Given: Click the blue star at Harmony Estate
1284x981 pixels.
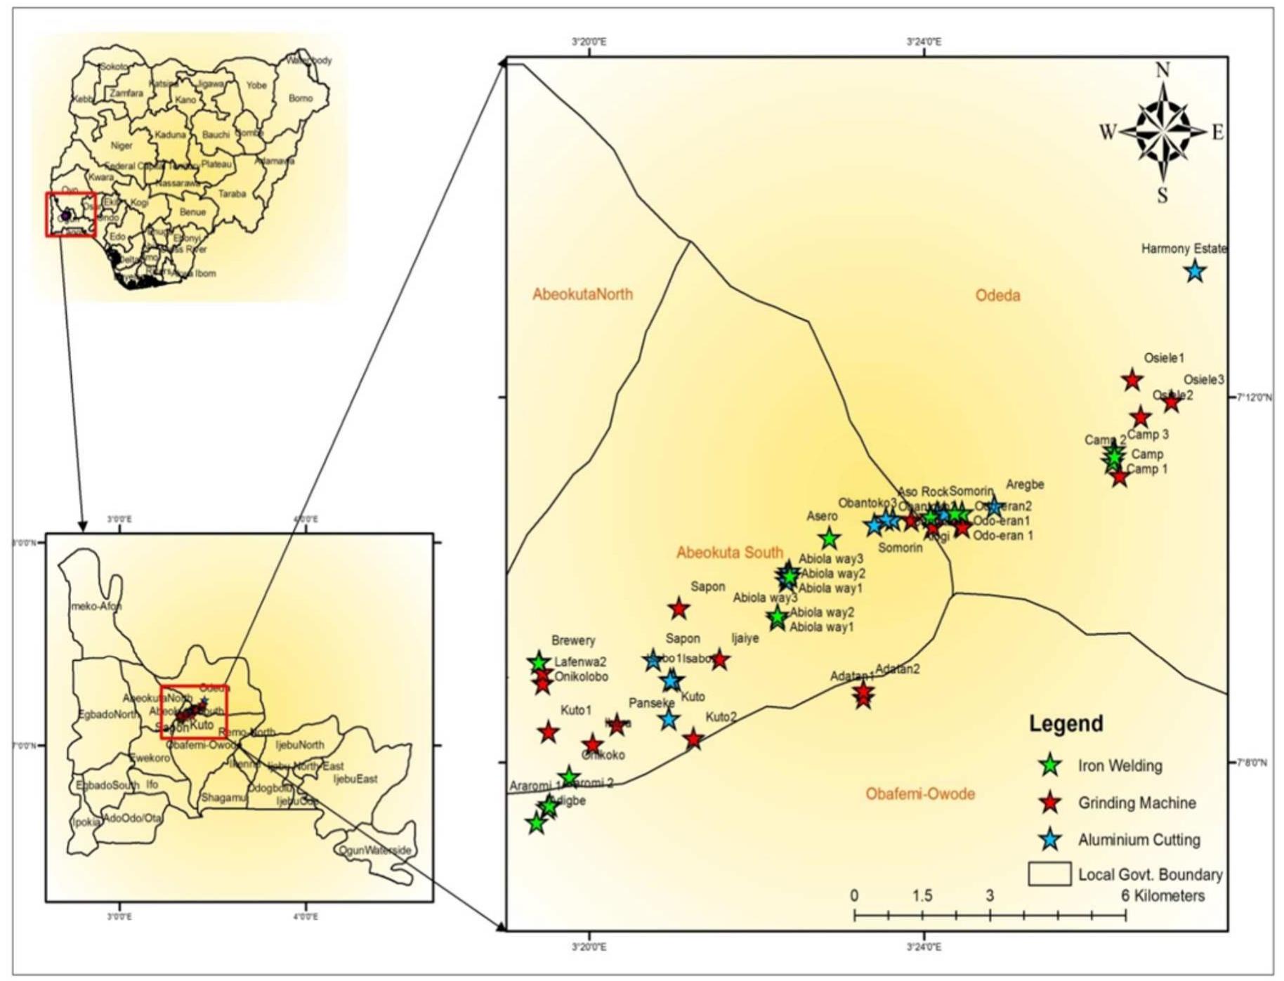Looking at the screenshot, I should [x=1195, y=270].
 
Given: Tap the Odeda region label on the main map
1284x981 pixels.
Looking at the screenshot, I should [x=997, y=295].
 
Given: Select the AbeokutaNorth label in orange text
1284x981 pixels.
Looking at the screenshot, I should [x=582, y=294].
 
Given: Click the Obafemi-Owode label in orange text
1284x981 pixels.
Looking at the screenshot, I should [x=919, y=794].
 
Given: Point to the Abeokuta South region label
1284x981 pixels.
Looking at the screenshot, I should [x=729, y=553].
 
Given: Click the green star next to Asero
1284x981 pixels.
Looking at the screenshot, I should [x=830, y=539].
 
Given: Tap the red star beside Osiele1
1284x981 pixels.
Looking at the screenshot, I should [x=1132, y=380].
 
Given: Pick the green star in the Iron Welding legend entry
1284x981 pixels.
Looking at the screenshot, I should [x=1050, y=765].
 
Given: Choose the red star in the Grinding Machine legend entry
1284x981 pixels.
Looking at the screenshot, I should [x=1050, y=803].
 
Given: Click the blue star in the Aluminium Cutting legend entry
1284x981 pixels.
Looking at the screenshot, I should [x=1050, y=839].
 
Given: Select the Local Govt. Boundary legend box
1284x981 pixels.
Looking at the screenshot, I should [x=1049, y=874].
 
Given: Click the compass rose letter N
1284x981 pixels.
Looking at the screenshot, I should [x=1162, y=70].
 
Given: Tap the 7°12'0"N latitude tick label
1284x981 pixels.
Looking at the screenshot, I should [x=1254, y=397].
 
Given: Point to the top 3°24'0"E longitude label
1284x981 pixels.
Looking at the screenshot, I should [x=924, y=42].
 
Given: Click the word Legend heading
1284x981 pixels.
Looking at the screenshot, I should [x=1066, y=724].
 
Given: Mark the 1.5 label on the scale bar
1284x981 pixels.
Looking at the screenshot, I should [x=922, y=896].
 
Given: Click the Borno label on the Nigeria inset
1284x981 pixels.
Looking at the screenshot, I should [x=301, y=98].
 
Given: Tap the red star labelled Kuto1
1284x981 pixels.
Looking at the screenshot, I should [x=549, y=732].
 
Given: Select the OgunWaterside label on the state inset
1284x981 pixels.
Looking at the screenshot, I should [x=374, y=850].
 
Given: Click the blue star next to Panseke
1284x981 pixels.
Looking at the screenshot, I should [x=669, y=718].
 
